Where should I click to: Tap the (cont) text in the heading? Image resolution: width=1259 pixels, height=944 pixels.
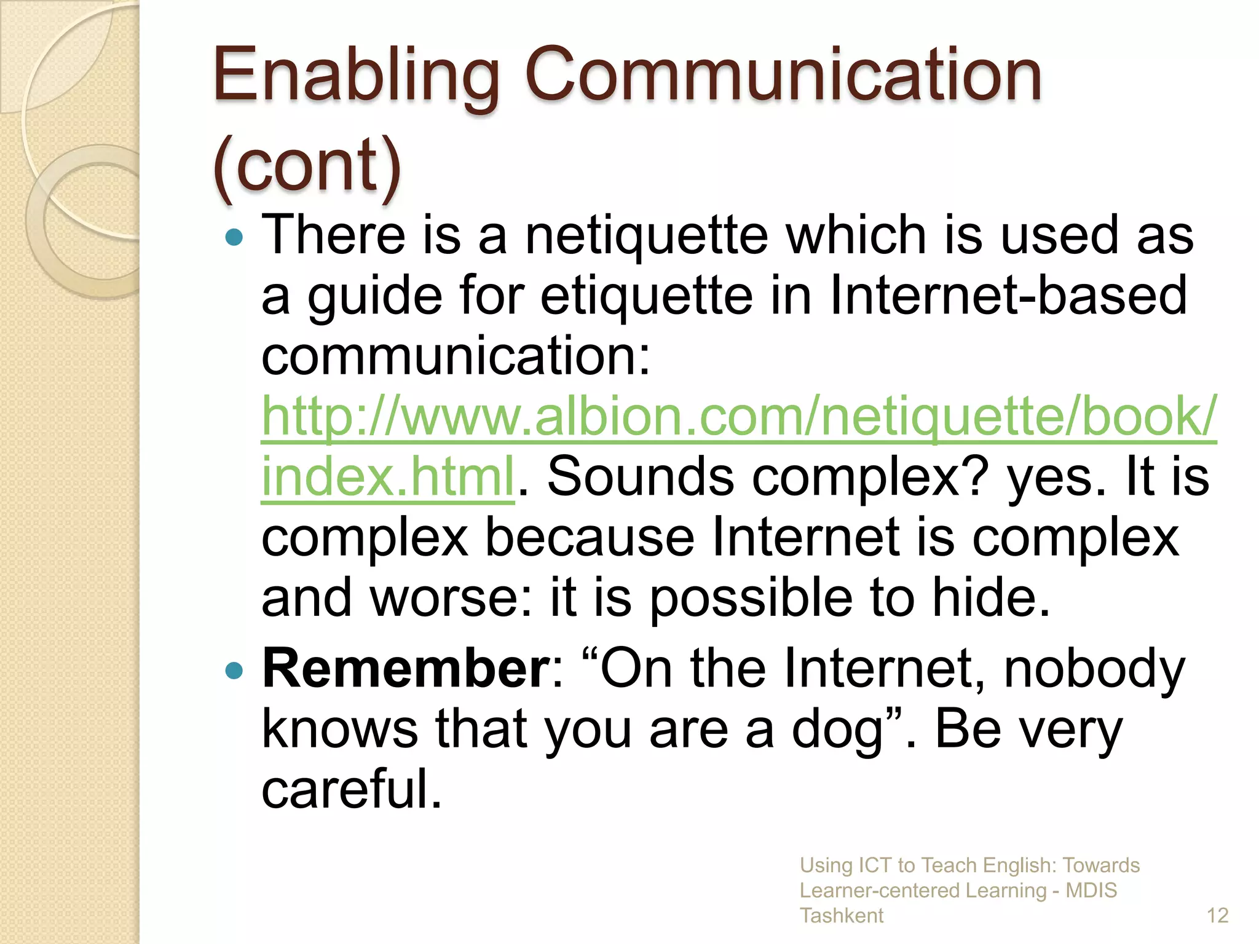[x=307, y=166]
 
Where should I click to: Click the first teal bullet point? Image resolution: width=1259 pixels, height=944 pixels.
[x=234, y=237]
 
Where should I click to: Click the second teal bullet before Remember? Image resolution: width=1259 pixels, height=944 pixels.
[x=234, y=671]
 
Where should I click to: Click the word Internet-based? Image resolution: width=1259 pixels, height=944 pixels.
[x=1008, y=296]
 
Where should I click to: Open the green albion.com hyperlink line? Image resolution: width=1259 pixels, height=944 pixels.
[x=738, y=417]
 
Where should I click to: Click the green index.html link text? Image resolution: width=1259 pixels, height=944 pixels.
[x=387, y=476]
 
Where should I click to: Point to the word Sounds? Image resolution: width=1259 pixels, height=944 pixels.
[x=640, y=476]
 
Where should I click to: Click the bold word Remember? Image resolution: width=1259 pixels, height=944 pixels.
[x=406, y=669]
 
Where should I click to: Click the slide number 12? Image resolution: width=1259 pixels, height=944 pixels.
[x=1217, y=916]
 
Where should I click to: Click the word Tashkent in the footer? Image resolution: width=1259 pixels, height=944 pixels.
[x=841, y=916]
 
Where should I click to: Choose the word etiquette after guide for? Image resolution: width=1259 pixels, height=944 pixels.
[x=646, y=296]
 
